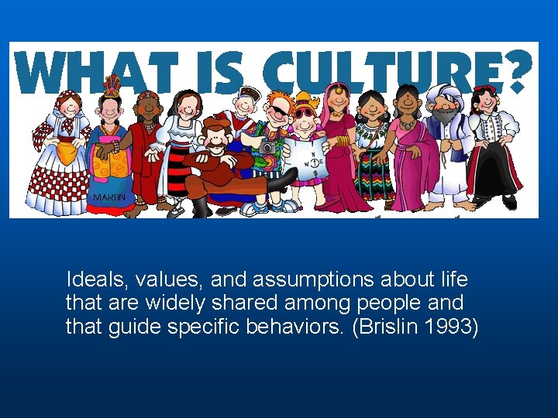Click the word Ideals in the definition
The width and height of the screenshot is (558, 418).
[x=91, y=279]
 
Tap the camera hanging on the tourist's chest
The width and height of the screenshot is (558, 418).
[x=268, y=146]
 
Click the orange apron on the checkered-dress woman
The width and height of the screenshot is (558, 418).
[x=68, y=152]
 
